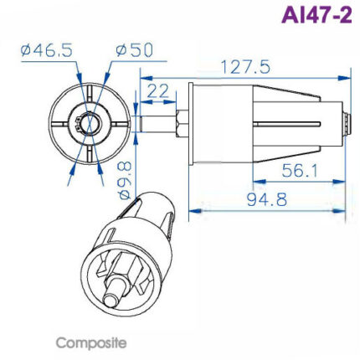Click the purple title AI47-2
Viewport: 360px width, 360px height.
point(315,17)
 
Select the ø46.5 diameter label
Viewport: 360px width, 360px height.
point(46,51)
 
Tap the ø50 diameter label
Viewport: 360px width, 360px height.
point(134,51)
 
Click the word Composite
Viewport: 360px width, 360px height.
point(91,343)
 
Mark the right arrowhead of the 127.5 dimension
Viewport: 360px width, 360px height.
point(346,78)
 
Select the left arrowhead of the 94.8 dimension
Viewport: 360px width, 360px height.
point(194,210)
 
